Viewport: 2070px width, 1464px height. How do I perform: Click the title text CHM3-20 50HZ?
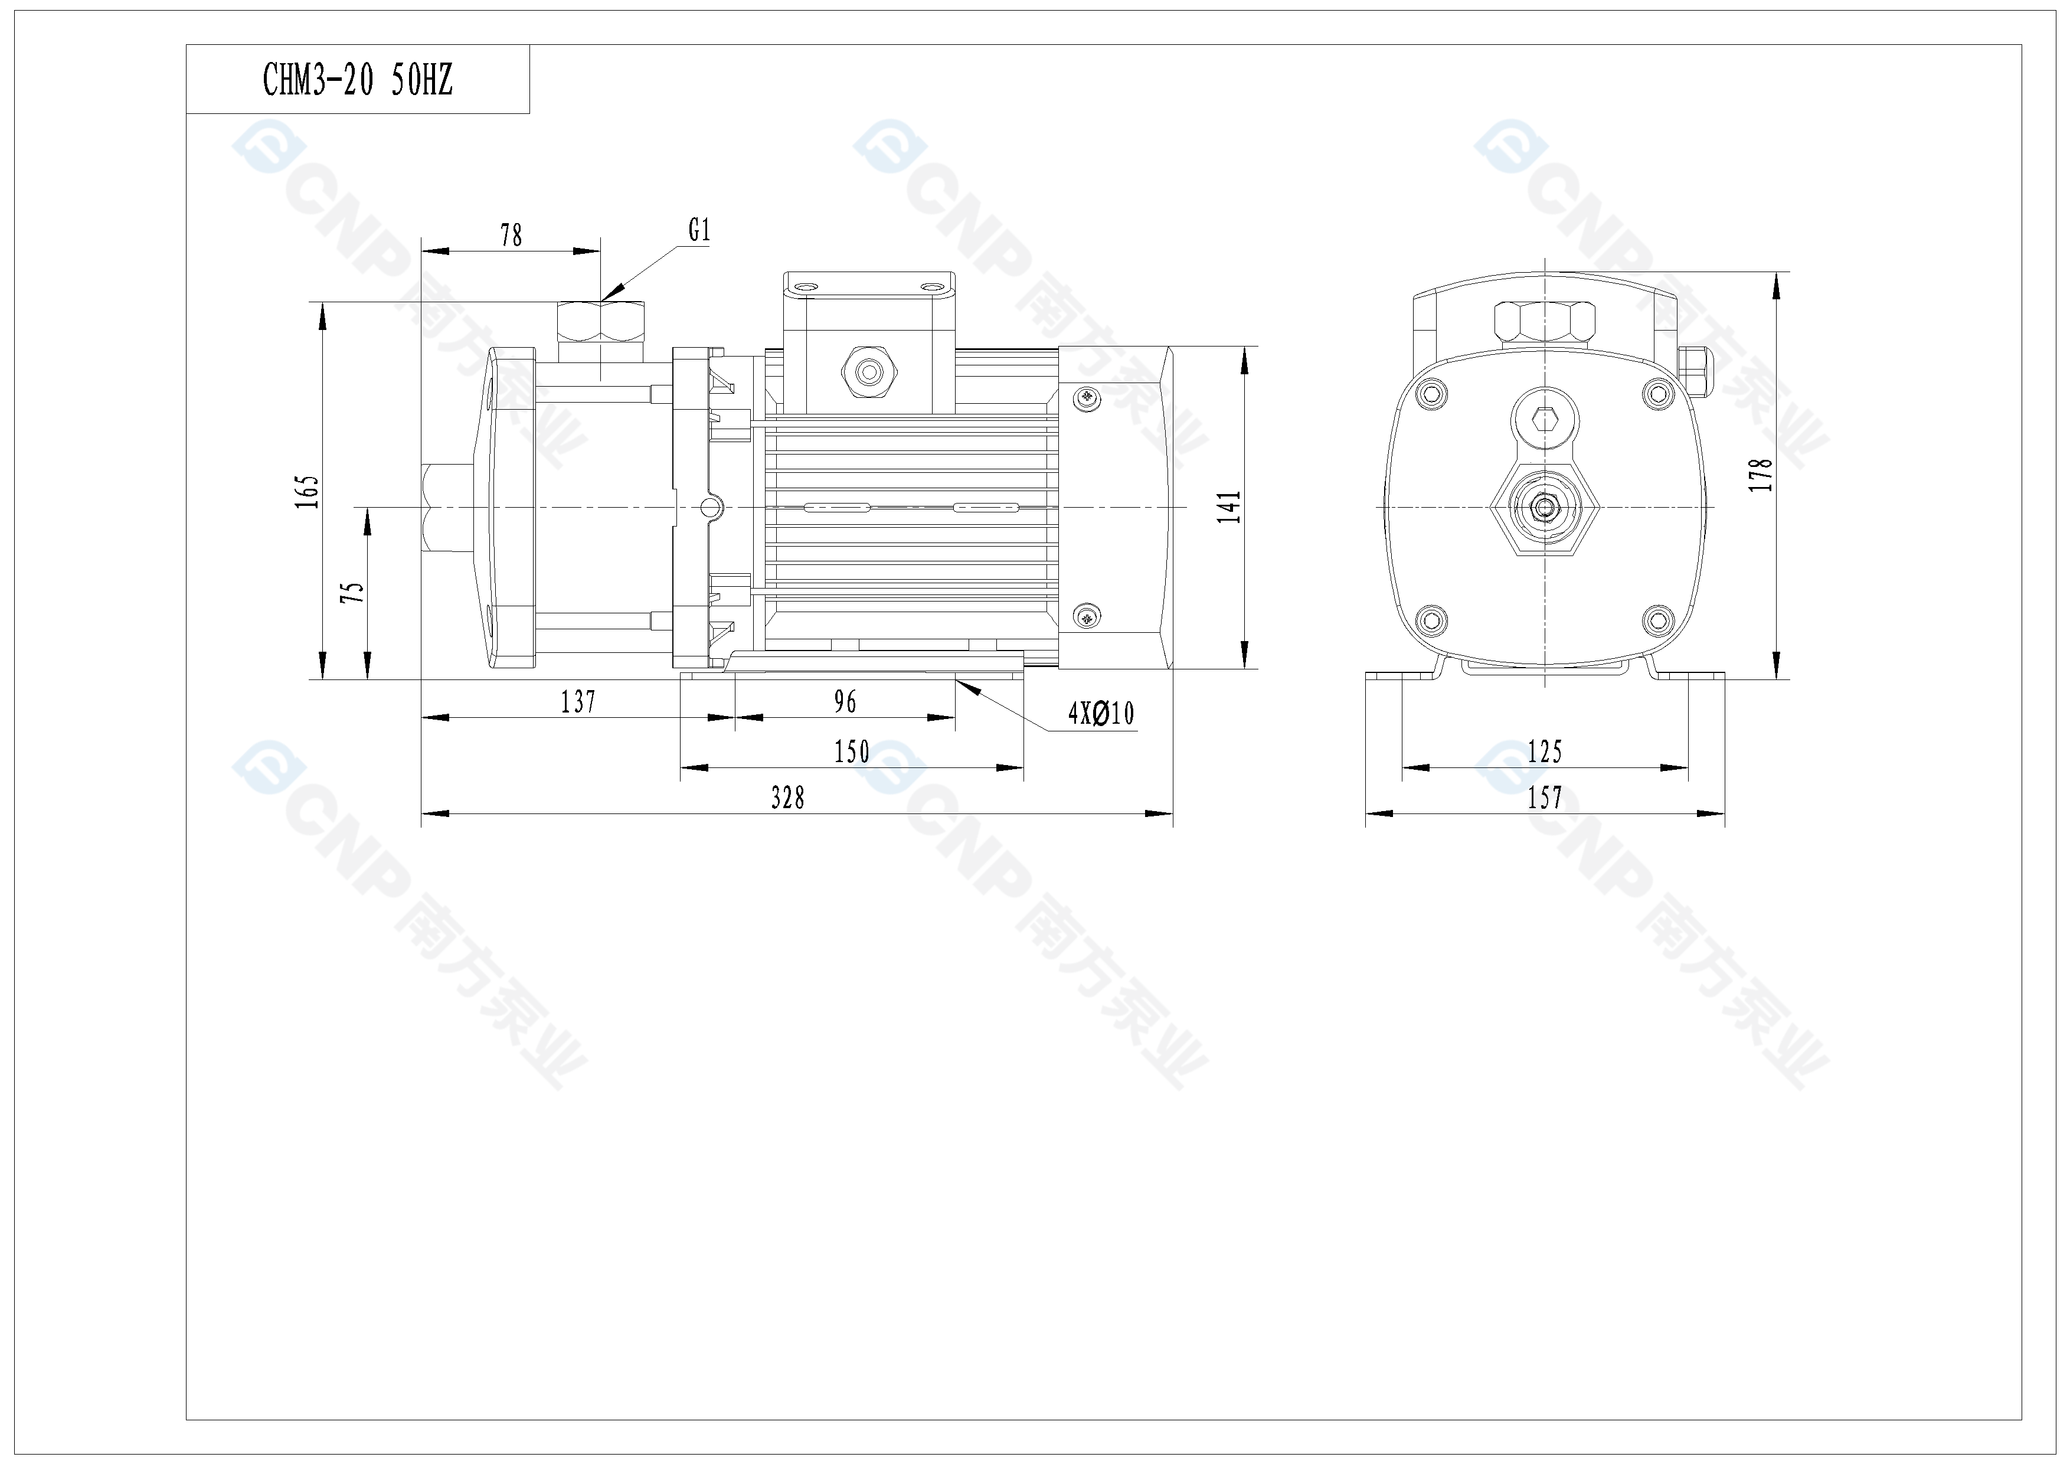pos(357,80)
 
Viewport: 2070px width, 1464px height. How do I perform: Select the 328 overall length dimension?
pos(787,798)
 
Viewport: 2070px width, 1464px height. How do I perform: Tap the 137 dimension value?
pos(578,701)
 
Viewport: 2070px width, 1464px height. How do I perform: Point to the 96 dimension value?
pos(845,701)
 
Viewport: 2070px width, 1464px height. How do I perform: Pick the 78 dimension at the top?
pos(511,236)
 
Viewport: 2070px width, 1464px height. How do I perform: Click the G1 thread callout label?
pos(699,231)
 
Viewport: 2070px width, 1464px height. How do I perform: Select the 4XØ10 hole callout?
pos(1101,714)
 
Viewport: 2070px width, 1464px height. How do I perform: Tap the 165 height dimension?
pos(308,491)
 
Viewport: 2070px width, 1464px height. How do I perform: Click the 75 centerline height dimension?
pos(352,592)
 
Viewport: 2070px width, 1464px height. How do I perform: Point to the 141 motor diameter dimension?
pos(1229,508)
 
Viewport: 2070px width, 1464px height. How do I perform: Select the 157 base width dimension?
pos(1545,798)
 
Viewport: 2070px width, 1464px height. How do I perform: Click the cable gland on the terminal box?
pos(869,371)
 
